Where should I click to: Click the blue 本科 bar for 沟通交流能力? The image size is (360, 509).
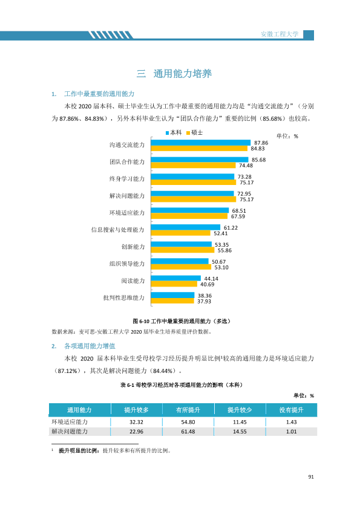pyautogui.click(x=201, y=143)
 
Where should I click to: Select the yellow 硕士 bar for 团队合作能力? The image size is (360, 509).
pyautogui.click(x=194, y=165)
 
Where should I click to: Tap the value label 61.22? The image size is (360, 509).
pyautogui.click(x=231, y=228)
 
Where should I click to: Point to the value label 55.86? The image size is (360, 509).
pyautogui.click(x=224, y=250)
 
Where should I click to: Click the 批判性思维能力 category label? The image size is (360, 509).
pyautogui.click(x=124, y=297)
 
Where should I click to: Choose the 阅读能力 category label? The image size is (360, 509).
pyautogui.click(x=133, y=280)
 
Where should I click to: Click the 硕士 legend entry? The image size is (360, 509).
pyautogui.click(x=195, y=132)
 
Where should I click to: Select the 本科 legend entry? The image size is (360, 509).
pyautogui.click(x=174, y=132)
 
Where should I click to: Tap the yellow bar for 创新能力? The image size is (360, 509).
pyautogui.click(x=183, y=250)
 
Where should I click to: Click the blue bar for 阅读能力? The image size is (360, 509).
pyautogui.click(x=176, y=278)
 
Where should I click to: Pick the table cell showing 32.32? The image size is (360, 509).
pyautogui.click(x=136, y=422)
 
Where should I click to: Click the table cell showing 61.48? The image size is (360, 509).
pyautogui.click(x=188, y=432)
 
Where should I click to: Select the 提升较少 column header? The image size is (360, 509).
pyautogui.click(x=240, y=410)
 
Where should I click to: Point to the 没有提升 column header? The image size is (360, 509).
pyautogui.click(x=292, y=410)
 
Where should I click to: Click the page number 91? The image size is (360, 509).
pyautogui.click(x=311, y=477)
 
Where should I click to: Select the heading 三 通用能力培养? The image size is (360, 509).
pyautogui.click(x=174, y=74)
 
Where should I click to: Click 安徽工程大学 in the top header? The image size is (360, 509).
pyautogui.click(x=280, y=34)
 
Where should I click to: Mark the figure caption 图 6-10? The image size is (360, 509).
pyautogui.click(x=141, y=321)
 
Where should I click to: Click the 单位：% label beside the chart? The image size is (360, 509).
pyautogui.click(x=287, y=136)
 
